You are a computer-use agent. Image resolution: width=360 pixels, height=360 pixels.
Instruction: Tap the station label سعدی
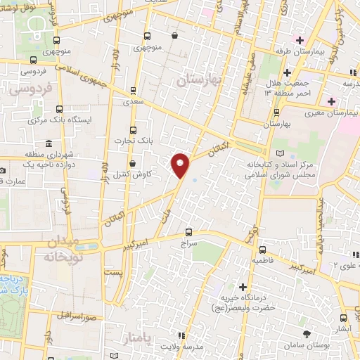click(133, 103)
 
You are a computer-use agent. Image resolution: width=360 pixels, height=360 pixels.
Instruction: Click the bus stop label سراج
click(188, 244)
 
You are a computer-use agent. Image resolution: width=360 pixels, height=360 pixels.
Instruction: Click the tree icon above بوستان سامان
click(305, 334)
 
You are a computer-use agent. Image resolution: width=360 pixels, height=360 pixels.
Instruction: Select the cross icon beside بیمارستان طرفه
click(300, 39)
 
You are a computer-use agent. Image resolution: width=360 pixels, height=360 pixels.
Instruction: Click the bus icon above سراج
click(188, 232)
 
